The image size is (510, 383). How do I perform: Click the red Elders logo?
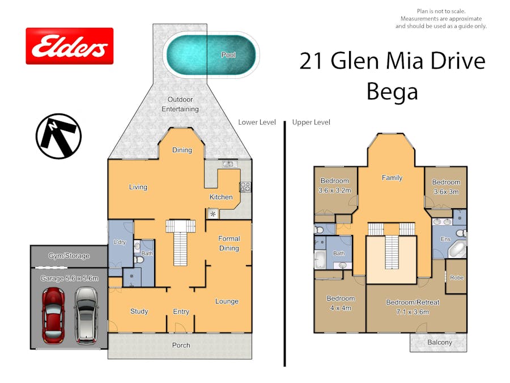point(70,46)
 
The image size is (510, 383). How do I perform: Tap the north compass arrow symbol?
point(58,136)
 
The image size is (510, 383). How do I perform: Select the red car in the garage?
point(53,315)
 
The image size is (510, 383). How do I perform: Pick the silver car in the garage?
point(86,315)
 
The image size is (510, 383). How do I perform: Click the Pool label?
point(228,54)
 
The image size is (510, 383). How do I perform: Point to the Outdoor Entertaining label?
point(180,104)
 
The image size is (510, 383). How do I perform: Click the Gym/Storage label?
point(69,256)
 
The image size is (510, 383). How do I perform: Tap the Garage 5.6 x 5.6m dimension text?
point(69,279)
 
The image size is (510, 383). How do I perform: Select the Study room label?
point(139,312)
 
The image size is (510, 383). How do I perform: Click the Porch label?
point(181,345)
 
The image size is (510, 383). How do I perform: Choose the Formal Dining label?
point(229,243)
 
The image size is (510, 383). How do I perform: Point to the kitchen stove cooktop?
point(245,187)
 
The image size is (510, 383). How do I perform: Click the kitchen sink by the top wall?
point(229,164)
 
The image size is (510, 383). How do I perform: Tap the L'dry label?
point(120,242)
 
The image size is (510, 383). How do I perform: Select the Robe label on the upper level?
point(457,278)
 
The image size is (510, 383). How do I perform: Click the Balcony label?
point(440,342)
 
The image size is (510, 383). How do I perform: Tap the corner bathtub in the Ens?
point(458,250)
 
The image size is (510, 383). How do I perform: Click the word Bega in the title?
point(392,92)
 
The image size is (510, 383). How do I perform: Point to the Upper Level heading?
point(311,122)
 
